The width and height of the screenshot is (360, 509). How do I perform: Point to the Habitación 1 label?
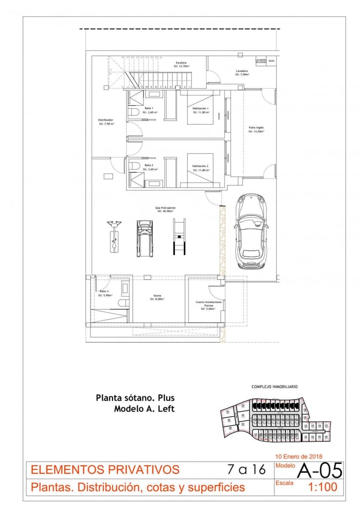tap(200, 110)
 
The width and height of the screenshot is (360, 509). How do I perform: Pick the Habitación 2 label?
tap(200, 168)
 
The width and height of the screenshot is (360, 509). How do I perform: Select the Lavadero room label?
tap(242, 72)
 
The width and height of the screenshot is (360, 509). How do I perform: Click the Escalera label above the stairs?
tap(181, 64)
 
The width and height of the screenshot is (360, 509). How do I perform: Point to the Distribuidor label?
tap(106, 122)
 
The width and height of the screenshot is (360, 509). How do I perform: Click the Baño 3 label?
tap(104, 293)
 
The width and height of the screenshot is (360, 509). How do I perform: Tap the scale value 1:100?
tap(322, 487)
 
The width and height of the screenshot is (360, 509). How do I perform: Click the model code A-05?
tap(320, 470)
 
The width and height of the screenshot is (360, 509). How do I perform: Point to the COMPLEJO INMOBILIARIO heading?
tap(274, 387)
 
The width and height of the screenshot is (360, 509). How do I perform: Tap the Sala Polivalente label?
tap(166, 209)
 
